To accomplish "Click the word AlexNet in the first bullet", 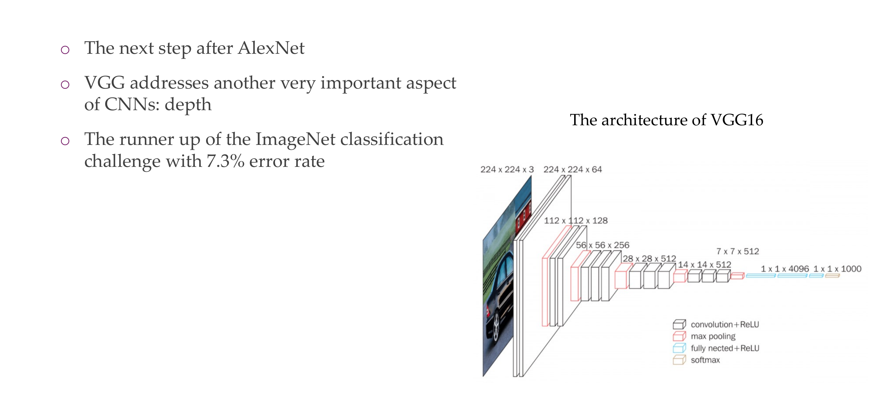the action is point(271,48).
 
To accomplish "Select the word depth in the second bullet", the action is point(188,105).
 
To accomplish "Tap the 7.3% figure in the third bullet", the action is point(225,161).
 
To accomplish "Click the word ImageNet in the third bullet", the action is point(295,139).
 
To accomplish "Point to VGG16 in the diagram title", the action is point(737,120).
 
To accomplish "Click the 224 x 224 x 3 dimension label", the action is point(507,169).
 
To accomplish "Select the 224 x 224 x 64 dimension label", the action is point(573,169).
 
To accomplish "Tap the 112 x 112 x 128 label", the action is point(575,221).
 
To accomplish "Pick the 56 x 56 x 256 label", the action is point(602,245).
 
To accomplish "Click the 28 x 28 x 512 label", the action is point(650,259).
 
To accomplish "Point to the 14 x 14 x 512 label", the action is point(704,264).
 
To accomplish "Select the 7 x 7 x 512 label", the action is point(737,251).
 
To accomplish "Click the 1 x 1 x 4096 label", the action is point(785,269).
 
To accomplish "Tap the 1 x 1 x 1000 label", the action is point(837,269).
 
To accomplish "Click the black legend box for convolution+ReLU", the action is point(679,325).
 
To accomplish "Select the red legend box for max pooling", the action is point(679,336).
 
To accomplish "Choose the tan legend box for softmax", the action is point(679,360).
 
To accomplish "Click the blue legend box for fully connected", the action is point(679,348).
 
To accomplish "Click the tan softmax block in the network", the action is point(832,276).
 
